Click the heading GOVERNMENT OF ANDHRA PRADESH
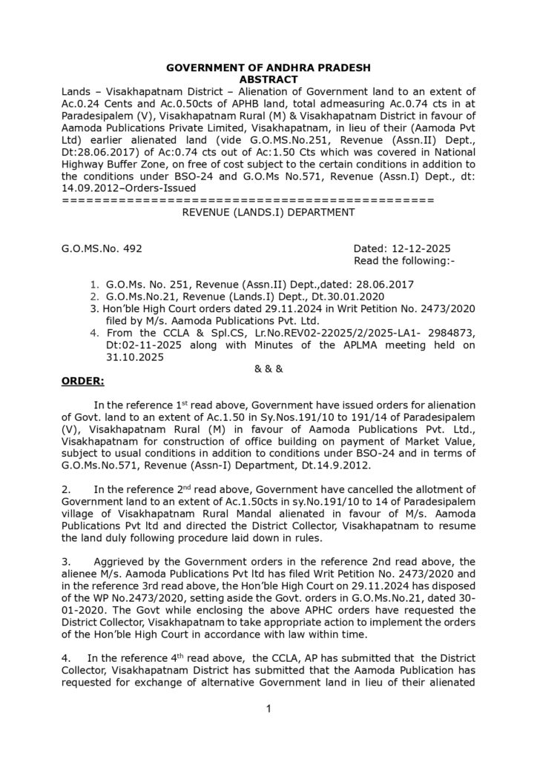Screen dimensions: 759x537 coord(268,67)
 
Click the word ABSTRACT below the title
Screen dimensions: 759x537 coord(268,78)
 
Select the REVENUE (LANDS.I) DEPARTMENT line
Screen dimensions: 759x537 coord(268,212)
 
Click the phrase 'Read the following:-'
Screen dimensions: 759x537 coord(404,261)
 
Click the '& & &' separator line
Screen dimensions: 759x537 coord(268,369)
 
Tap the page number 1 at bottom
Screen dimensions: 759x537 coord(268,709)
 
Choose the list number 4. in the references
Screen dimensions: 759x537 coord(93,332)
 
